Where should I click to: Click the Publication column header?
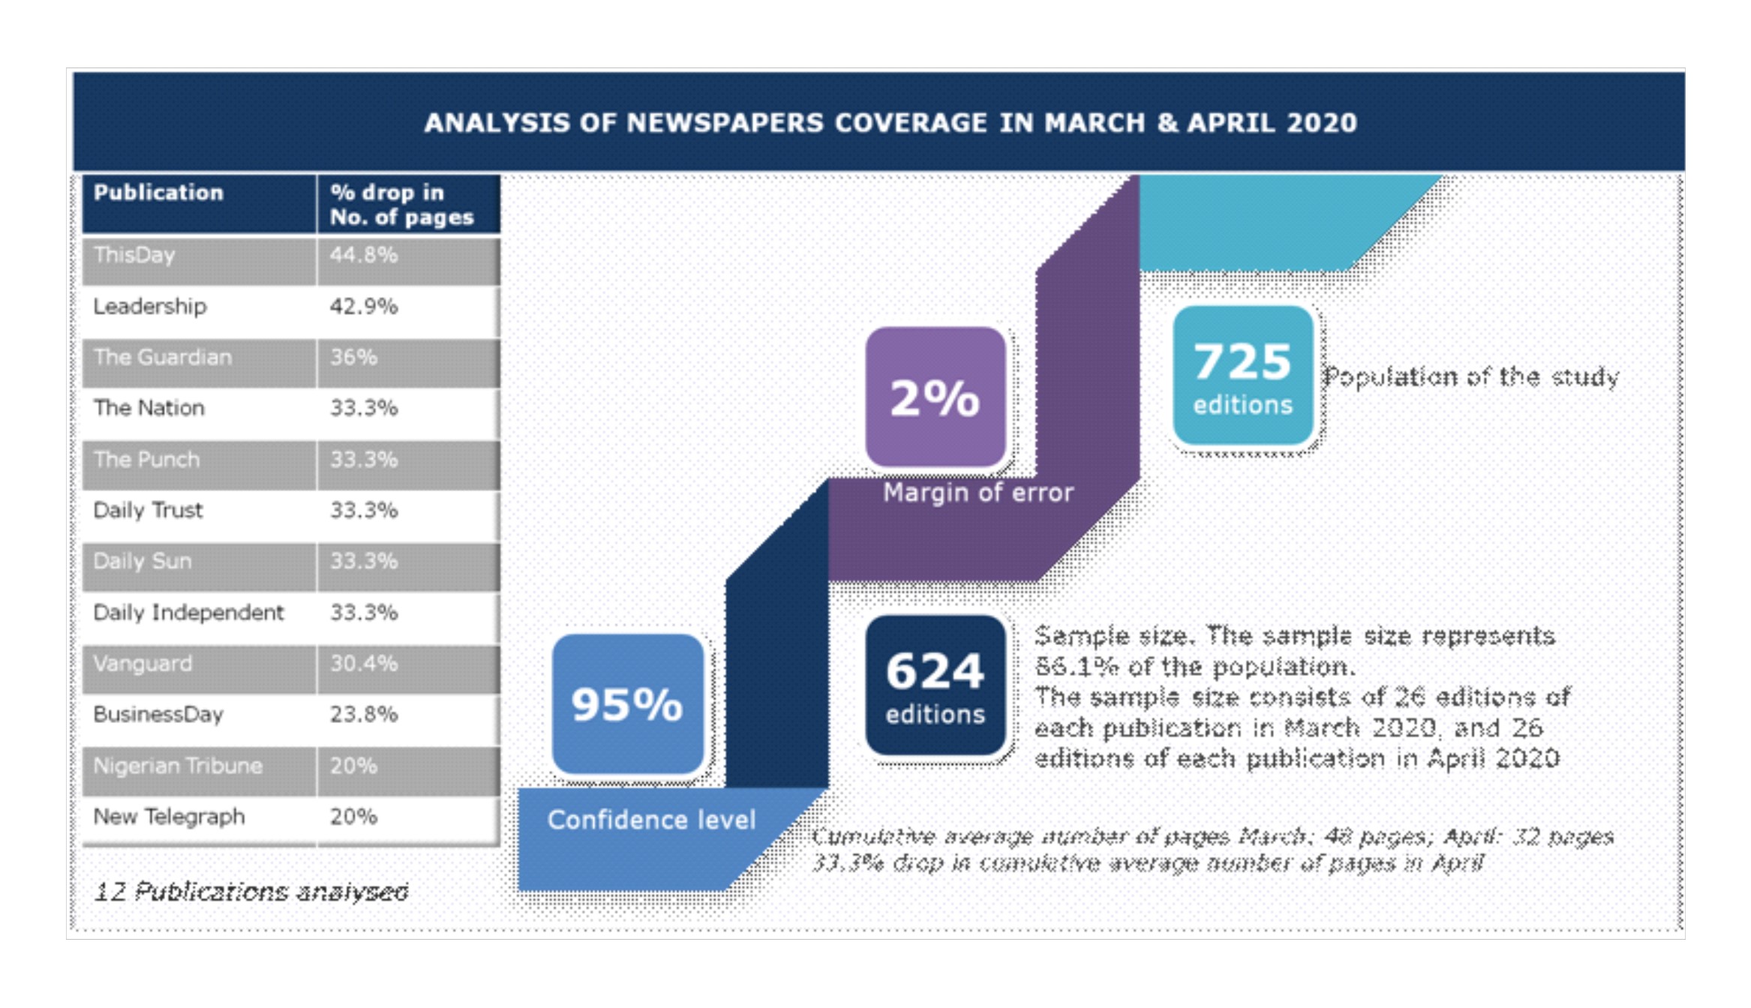pos(158,193)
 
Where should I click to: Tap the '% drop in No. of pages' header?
pos(401,205)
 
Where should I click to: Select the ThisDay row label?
pos(134,255)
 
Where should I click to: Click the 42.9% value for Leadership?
pos(364,306)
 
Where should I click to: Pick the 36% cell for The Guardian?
pos(353,357)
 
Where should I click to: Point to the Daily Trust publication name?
pos(148,510)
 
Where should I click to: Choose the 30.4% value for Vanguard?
pos(364,663)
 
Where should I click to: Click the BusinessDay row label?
pos(158,714)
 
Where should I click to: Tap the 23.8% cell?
pos(364,714)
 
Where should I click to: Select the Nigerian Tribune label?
pos(178,766)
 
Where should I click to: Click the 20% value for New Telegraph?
pos(353,816)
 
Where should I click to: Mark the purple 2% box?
pos(935,397)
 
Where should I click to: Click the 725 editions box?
pos(1243,376)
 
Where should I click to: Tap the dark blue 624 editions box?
pos(935,685)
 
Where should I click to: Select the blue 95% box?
pos(627,703)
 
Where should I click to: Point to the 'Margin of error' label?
pos(978,493)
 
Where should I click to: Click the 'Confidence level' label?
pos(651,820)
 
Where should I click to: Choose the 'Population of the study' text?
pos(1470,376)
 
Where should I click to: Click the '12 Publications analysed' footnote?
pos(251,891)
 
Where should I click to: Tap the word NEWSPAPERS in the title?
pos(725,123)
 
